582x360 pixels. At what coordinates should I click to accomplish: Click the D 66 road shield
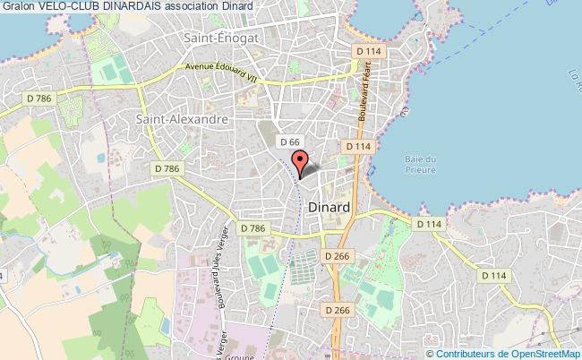coord(288,141)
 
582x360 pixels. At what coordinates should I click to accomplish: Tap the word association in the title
coord(193,5)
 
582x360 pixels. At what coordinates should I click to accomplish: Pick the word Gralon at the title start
coord(17,5)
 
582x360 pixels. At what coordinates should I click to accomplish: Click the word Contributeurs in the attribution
coord(460,352)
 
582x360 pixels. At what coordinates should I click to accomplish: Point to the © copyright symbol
coord(421,352)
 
